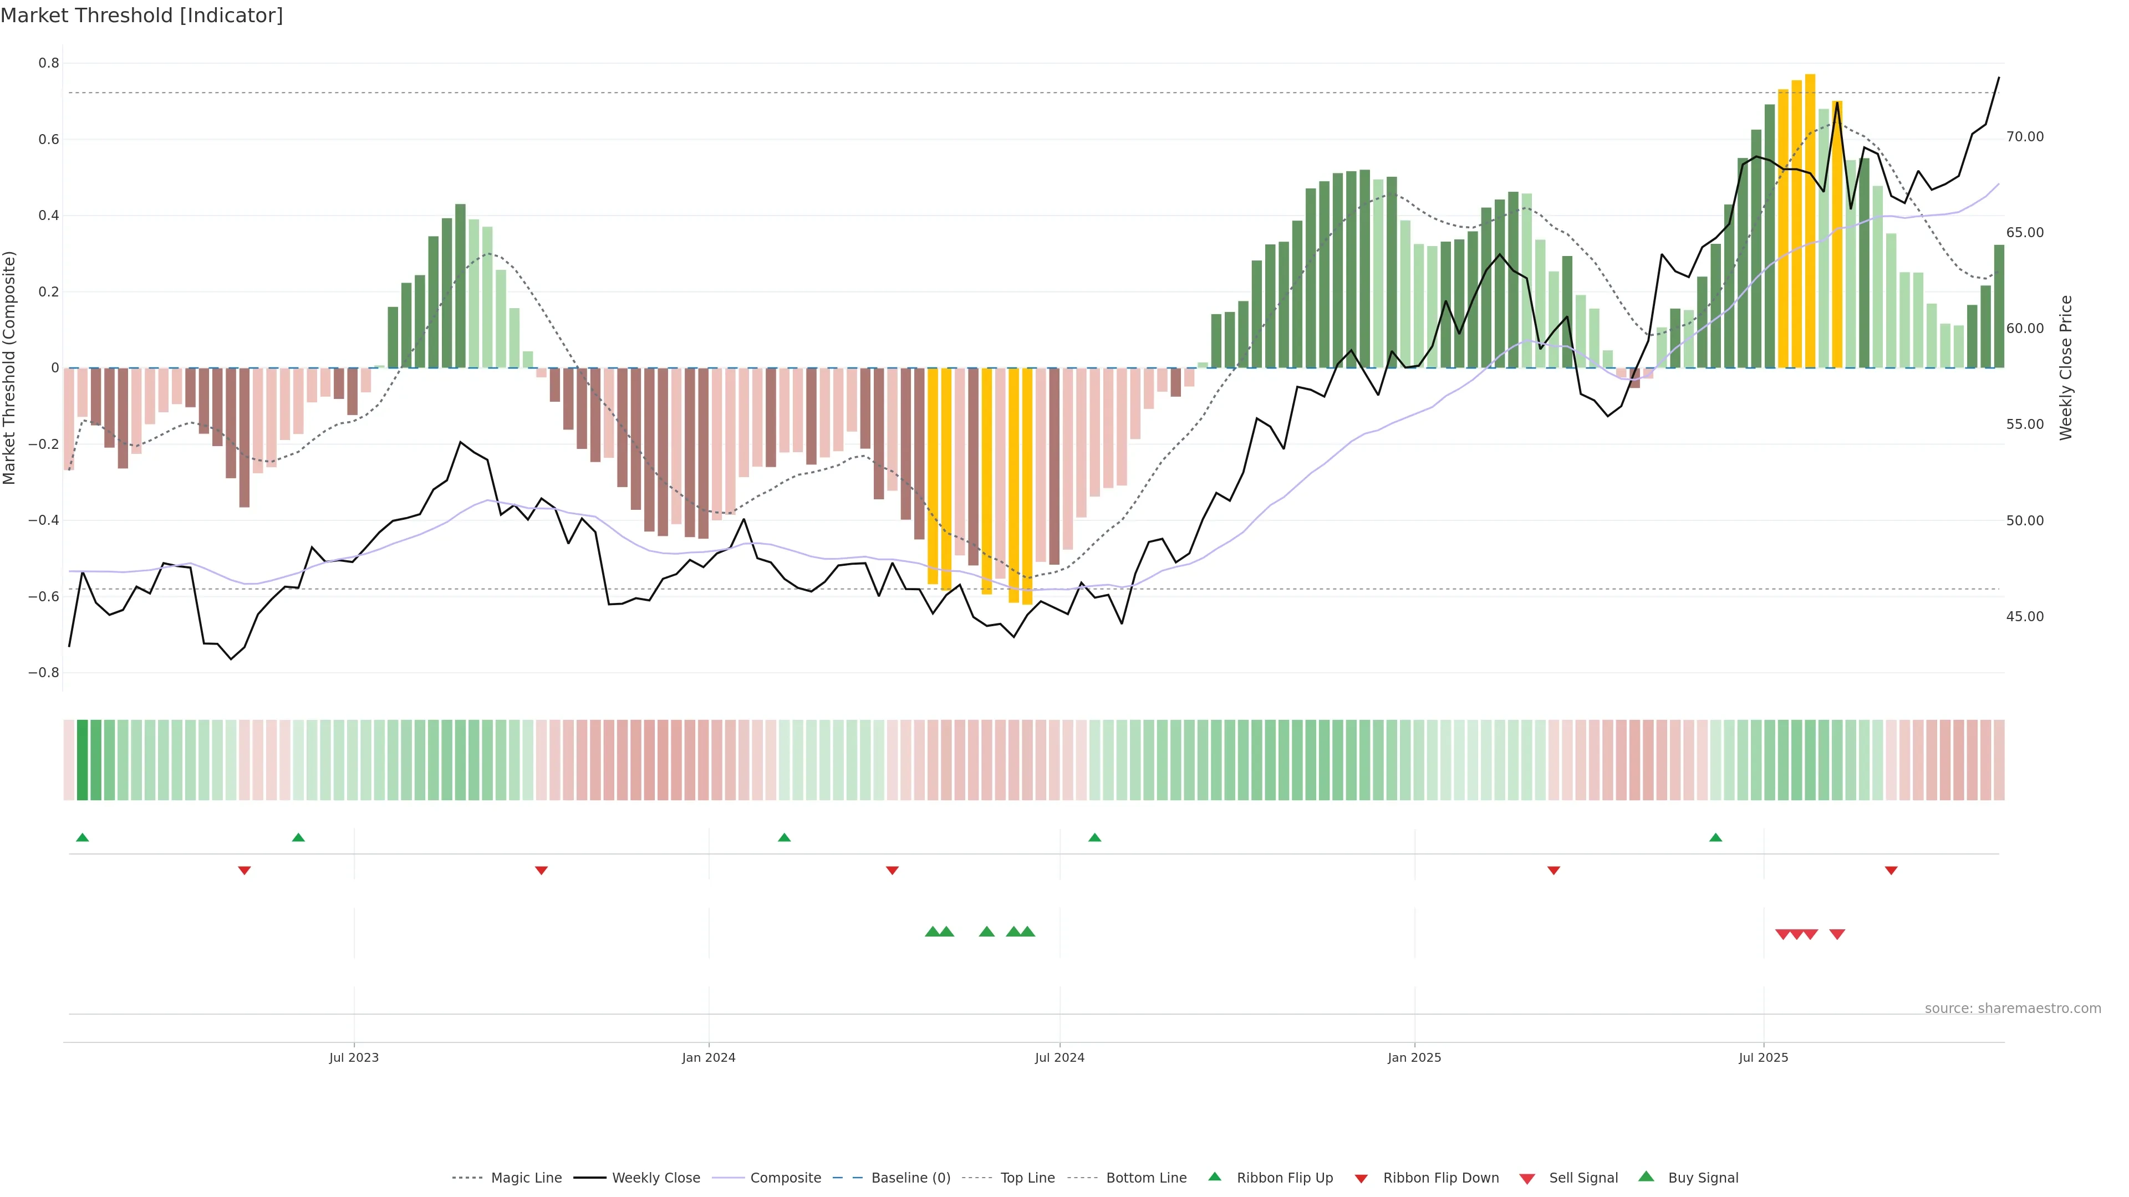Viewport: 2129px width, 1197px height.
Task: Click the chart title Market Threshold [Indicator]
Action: [x=141, y=16]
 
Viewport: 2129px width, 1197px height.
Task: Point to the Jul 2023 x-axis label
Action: [x=354, y=1057]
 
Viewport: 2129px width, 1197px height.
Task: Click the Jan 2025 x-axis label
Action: [x=1414, y=1057]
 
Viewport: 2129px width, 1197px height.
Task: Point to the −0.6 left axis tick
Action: [x=43, y=596]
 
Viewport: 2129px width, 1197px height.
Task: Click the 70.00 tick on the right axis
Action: [x=2025, y=136]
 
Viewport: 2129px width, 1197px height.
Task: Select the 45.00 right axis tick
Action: [x=2025, y=616]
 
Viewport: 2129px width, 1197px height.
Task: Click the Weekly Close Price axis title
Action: [x=2066, y=367]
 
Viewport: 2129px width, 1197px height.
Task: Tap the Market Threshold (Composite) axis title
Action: [x=10, y=367]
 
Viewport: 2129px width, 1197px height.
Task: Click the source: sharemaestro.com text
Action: [x=2013, y=1009]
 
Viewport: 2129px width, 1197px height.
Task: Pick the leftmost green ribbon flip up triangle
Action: [x=83, y=838]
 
